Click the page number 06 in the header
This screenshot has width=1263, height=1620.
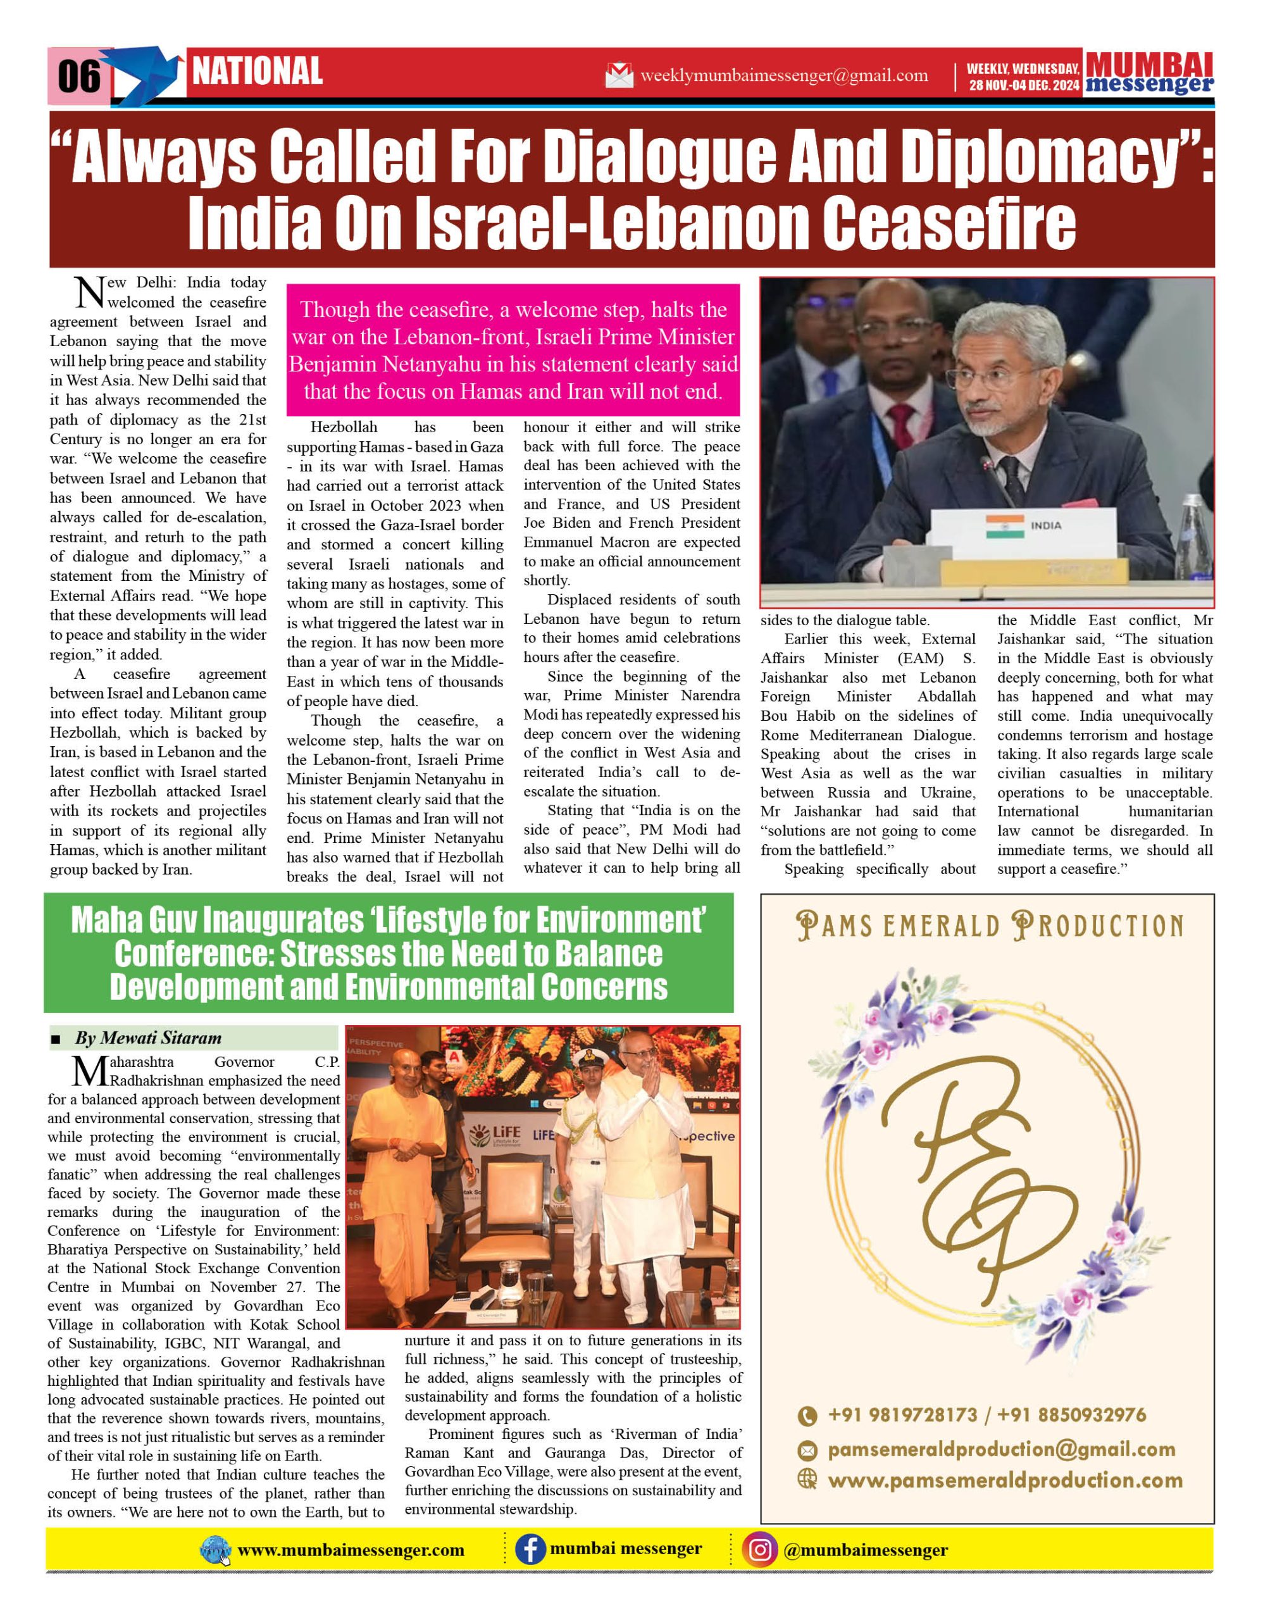coord(78,76)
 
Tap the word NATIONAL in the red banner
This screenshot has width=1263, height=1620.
coord(258,72)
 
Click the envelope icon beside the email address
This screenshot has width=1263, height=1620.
coord(619,75)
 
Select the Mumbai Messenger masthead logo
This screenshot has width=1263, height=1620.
coord(1149,73)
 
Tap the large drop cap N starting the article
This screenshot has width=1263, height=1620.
coord(90,292)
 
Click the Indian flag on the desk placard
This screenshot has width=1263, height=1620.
coord(1005,526)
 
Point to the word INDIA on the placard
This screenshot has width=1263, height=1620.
coord(1046,525)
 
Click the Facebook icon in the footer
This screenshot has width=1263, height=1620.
coord(530,1550)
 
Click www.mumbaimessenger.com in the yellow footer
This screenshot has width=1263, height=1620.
coord(351,1550)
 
